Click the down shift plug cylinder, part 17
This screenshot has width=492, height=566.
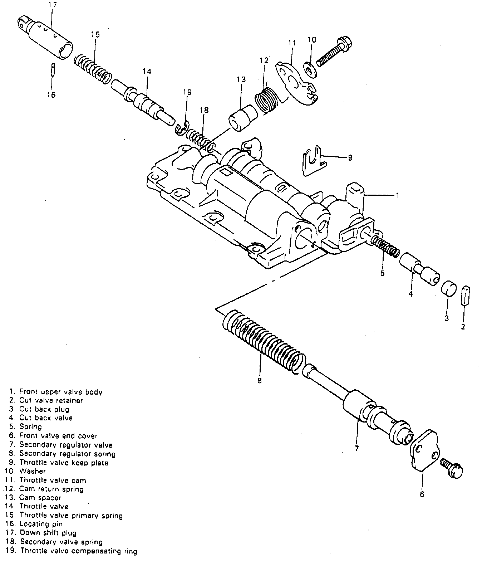(x=46, y=38)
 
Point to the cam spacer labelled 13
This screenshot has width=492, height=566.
(x=242, y=119)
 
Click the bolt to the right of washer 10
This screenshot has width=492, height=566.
(x=335, y=51)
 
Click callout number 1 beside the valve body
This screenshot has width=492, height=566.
(x=397, y=195)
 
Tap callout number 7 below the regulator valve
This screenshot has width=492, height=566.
(x=356, y=448)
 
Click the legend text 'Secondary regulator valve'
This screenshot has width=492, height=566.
(x=66, y=445)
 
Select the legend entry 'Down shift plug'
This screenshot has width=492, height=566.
(x=48, y=533)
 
